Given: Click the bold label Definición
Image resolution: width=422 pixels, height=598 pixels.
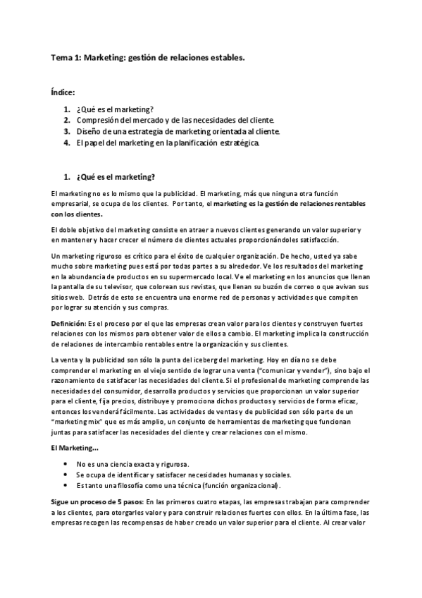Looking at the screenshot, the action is [68, 322].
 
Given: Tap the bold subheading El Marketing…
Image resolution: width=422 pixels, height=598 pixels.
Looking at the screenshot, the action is [71, 449].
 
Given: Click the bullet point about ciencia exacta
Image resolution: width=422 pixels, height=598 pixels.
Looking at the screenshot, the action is [132, 464].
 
